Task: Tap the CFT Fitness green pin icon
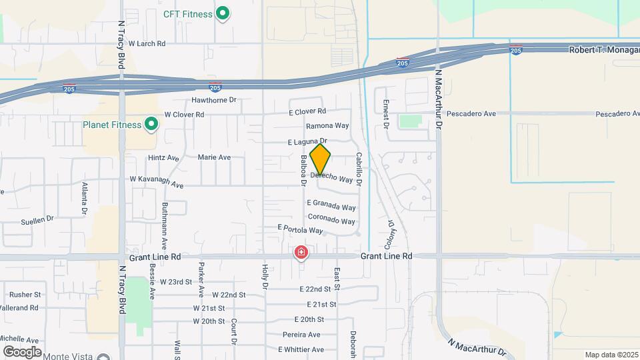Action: click(x=224, y=13)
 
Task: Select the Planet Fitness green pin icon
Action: click(x=151, y=124)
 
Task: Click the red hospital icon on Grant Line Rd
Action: click(x=301, y=253)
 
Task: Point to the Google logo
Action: click(x=21, y=351)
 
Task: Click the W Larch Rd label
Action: click(x=147, y=43)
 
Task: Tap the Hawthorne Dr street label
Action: click(x=214, y=100)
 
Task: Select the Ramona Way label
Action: click(x=327, y=125)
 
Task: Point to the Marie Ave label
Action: click(x=214, y=157)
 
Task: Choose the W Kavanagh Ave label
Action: click(x=156, y=179)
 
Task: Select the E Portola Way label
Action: click(x=300, y=229)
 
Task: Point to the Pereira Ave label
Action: click(x=301, y=334)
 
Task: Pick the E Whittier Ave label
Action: click(x=301, y=349)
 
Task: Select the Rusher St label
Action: click(x=25, y=295)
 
